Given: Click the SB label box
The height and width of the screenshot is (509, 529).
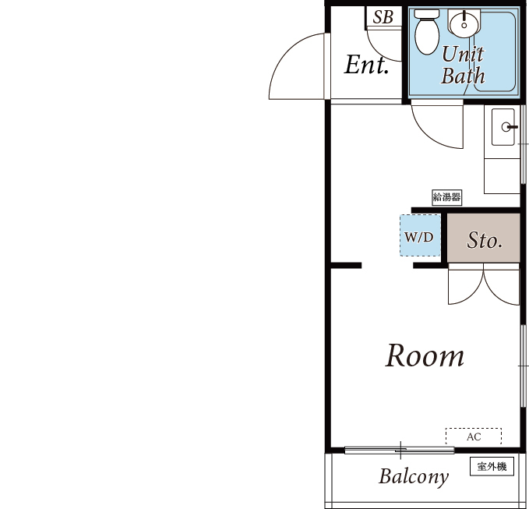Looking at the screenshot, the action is (x=383, y=17).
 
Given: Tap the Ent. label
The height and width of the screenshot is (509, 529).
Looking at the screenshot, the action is (x=366, y=65).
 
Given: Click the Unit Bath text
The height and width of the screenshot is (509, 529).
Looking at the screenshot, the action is (x=463, y=65).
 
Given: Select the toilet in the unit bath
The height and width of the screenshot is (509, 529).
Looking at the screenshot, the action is (x=427, y=32).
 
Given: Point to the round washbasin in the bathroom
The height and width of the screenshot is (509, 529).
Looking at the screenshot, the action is (x=464, y=23).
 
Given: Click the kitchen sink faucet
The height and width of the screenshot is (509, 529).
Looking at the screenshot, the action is (x=509, y=127).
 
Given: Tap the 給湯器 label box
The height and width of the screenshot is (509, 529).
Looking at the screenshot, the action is (x=446, y=197).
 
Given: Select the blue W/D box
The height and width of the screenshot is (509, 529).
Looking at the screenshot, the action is (x=420, y=235).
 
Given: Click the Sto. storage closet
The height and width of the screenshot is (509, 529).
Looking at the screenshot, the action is (x=484, y=238).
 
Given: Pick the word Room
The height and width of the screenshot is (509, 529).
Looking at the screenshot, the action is (x=425, y=355).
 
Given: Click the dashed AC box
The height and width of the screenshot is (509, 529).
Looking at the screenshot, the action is (x=474, y=437).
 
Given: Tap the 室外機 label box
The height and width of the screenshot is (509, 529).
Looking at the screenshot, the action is (x=492, y=466).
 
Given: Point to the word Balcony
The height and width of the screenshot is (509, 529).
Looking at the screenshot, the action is (x=414, y=477).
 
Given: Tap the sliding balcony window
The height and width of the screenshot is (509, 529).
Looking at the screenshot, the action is (x=400, y=450).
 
